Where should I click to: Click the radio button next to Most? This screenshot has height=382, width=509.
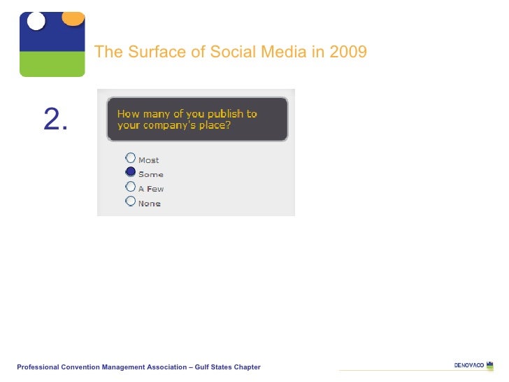pos(130,157)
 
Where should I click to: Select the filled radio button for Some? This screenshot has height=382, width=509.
pos(130,172)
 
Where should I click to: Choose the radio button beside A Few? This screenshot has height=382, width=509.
pos(130,187)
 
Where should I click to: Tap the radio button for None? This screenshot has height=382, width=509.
pos(130,201)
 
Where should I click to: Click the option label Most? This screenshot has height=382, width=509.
pos(148,160)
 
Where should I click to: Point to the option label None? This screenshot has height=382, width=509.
pos(149,204)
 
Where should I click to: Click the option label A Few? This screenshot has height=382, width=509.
pos(151,189)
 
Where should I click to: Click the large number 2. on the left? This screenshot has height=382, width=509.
pos(55,121)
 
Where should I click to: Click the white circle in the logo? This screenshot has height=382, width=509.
pos(36,21)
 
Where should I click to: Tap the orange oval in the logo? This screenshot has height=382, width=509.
pos(73,18)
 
